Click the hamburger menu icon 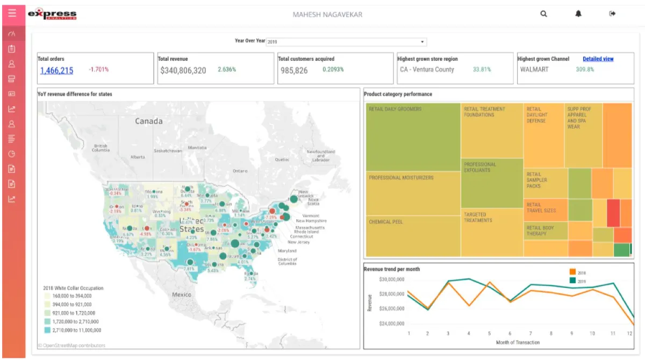[x=12, y=13]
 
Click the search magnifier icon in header [x=544, y=14]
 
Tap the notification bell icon [x=578, y=14]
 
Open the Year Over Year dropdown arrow [x=422, y=42]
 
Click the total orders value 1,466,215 [x=56, y=70]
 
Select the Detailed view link [x=598, y=59]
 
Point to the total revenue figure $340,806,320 [x=183, y=70]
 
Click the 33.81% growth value [x=482, y=69]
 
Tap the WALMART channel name [x=534, y=70]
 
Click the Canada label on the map [x=148, y=121]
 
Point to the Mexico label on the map [x=182, y=295]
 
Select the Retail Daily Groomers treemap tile [x=413, y=137]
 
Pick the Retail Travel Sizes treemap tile [x=545, y=210]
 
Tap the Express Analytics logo [x=52, y=15]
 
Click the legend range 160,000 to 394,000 [x=71, y=296]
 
